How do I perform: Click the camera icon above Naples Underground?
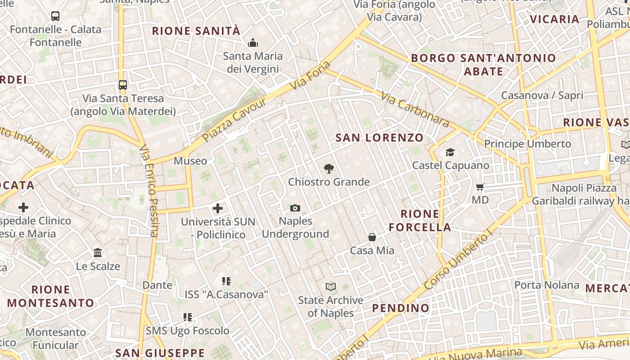(295, 208)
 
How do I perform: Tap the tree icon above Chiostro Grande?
(329, 169)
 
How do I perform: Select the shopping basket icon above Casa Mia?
(372, 237)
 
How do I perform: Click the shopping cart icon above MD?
(480, 187)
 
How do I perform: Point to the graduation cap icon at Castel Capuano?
(450, 152)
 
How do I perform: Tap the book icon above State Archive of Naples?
(331, 287)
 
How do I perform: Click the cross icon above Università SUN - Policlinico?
(218, 208)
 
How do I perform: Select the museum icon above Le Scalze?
(98, 252)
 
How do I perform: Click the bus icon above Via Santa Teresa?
(122, 85)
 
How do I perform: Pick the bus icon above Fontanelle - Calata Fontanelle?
(55, 16)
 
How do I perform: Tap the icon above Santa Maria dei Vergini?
(253, 43)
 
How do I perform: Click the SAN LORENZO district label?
(380, 138)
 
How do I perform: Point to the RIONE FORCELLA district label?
(420, 220)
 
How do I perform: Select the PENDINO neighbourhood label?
(401, 308)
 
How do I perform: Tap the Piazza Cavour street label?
(234, 119)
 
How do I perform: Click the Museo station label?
(190, 161)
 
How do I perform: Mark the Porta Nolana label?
(547, 285)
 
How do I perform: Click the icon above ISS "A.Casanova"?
(226, 281)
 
